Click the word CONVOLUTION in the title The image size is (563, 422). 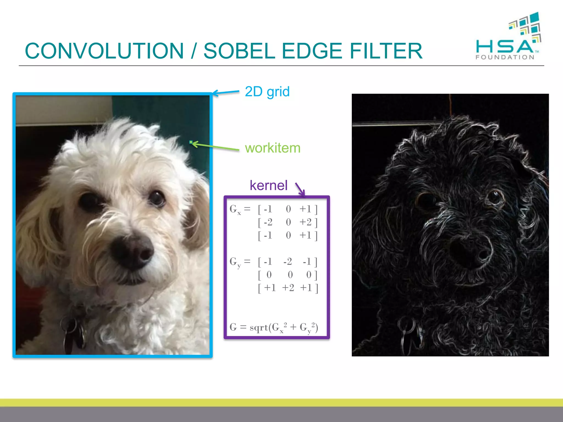point(104,51)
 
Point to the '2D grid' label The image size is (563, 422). point(267,92)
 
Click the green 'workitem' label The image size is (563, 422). point(272,148)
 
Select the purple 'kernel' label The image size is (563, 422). point(268,185)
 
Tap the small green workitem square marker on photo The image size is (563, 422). point(191,142)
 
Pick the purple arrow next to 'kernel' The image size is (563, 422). point(300,189)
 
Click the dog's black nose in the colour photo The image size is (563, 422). point(132,251)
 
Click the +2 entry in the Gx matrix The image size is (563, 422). point(305,222)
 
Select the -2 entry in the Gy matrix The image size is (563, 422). point(288,262)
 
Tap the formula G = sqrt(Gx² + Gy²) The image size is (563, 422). point(274,327)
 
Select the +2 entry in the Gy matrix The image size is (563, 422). point(288,288)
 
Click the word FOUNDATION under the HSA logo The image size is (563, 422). point(505,57)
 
